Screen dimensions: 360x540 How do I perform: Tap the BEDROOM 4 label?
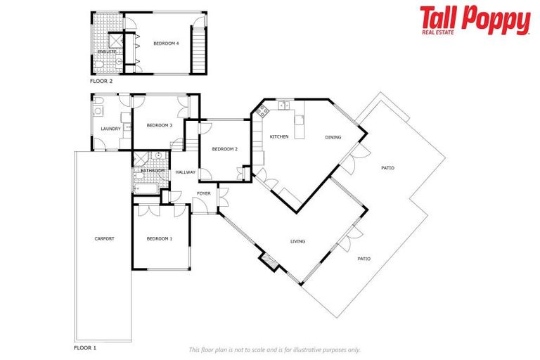tap(167, 44)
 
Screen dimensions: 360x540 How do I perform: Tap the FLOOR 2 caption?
tap(101, 81)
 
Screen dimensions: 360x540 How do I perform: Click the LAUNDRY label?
tap(110, 129)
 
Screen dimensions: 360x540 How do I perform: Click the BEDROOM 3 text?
tap(159, 125)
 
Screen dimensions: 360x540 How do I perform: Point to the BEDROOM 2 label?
tap(225, 148)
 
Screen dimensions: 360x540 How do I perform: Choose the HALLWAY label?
tap(186, 172)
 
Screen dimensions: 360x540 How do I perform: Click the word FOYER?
tap(203, 193)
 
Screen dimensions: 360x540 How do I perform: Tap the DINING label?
tap(333, 137)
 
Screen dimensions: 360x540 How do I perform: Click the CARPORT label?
tap(104, 238)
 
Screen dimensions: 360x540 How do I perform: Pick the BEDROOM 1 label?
tap(159, 238)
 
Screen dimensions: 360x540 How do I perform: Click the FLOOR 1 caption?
tap(85, 347)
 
